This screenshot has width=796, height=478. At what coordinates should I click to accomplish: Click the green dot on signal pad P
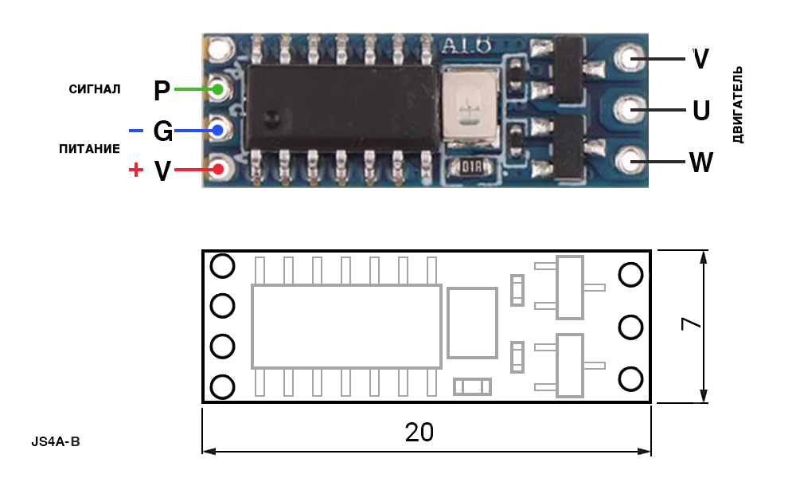(x=218, y=89)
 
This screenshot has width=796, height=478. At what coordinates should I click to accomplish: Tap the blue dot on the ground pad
(x=218, y=131)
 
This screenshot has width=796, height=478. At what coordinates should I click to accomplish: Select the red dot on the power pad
(x=218, y=169)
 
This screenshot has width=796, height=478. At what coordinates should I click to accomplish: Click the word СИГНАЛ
(x=95, y=89)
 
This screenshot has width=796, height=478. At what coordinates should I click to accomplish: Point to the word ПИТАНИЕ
(x=90, y=149)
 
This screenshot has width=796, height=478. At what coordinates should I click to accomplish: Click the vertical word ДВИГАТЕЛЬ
(x=738, y=104)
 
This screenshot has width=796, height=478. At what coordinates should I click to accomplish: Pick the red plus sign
(x=135, y=169)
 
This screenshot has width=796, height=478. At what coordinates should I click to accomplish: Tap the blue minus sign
(x=136, y=131)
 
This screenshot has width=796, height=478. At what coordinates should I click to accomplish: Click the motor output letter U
(x=701, y=110)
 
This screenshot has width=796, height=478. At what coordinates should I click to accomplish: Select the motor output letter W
(x=701, y=163)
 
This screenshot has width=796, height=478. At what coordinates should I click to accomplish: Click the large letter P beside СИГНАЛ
(x=162, y=90)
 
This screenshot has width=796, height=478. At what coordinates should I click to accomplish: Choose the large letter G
(x=163, y=131)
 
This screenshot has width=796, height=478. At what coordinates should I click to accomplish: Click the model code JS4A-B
(x=56, y=441)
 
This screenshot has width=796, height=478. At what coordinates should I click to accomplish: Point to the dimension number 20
(x=419, y=433)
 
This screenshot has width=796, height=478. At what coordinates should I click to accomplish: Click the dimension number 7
(x=691, y=323)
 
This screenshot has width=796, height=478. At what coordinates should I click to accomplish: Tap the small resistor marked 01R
(x=471, y=167)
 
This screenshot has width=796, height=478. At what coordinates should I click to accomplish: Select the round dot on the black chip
(x=272, y=118)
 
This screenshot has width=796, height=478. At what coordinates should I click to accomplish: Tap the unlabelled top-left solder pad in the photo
(x=219, y=49)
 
